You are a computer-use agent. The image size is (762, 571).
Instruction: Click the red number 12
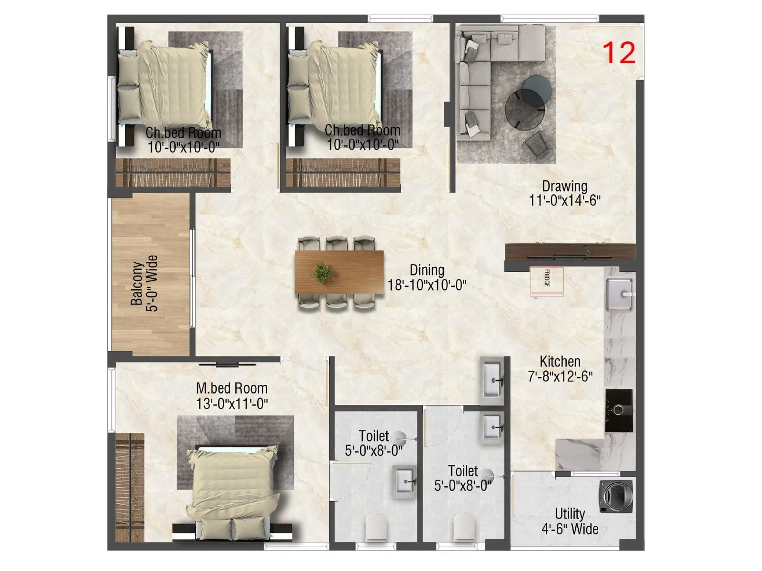tap(619, 53)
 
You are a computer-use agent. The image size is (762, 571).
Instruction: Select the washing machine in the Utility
tap(616, 496)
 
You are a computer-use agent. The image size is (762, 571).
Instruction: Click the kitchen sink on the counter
tap(619, 295)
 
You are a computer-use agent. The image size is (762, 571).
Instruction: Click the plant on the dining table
tap(323, 274)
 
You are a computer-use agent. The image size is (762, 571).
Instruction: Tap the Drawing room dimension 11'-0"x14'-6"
tap(564, 200)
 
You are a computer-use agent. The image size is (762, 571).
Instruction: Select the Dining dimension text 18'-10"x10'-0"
tap(427, 285)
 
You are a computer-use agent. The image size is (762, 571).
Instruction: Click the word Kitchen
tap(560, 361)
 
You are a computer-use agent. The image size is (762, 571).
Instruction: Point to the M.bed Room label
tap(232, 388)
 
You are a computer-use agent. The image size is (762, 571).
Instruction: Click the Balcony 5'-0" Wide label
tap(144, 284)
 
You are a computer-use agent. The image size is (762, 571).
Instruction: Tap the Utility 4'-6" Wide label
tap(570, 521)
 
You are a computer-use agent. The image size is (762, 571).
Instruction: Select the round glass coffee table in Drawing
tap(524, 108)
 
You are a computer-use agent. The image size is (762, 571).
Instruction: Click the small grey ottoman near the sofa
tap(536, 144)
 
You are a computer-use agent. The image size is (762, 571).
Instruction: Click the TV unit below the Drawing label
tap(570, 251)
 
